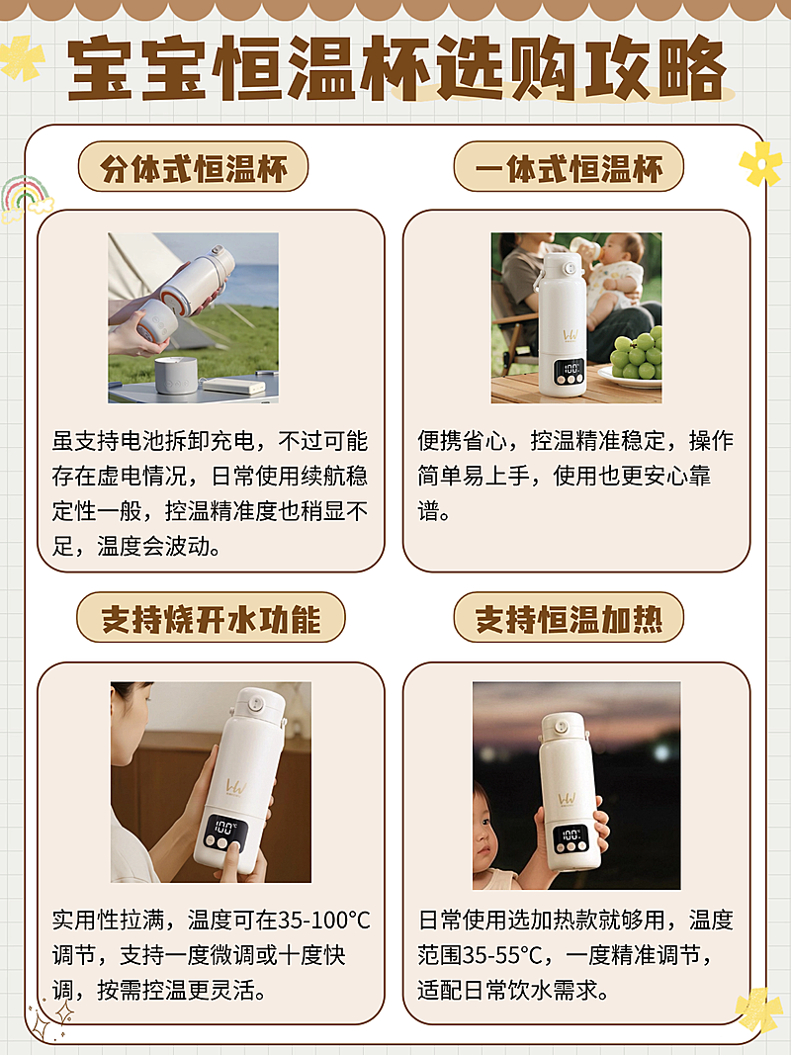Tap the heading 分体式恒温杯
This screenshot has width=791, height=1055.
[193, 167]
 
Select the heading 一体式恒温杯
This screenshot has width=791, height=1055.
[569, 167]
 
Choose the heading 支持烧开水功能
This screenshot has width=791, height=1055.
[211, 619]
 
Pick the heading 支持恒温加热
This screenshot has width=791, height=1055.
[569, 619]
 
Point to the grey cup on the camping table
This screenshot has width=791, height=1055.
[176, 375]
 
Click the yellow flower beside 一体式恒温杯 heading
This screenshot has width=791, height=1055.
[760, 163]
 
